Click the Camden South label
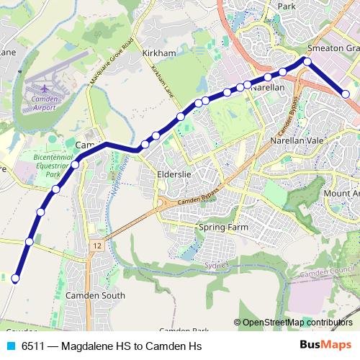click(x=95, y=295)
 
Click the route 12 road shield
click(x=96, y=246)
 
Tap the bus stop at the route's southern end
click(x=15, y=278)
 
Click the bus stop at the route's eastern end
click(x=346, y=94)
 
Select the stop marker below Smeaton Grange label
click(x=307, y=62)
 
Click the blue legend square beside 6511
click(x=10, y=346)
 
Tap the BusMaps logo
click(x=325, y=345)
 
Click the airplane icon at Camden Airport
click(x=42, y=92)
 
